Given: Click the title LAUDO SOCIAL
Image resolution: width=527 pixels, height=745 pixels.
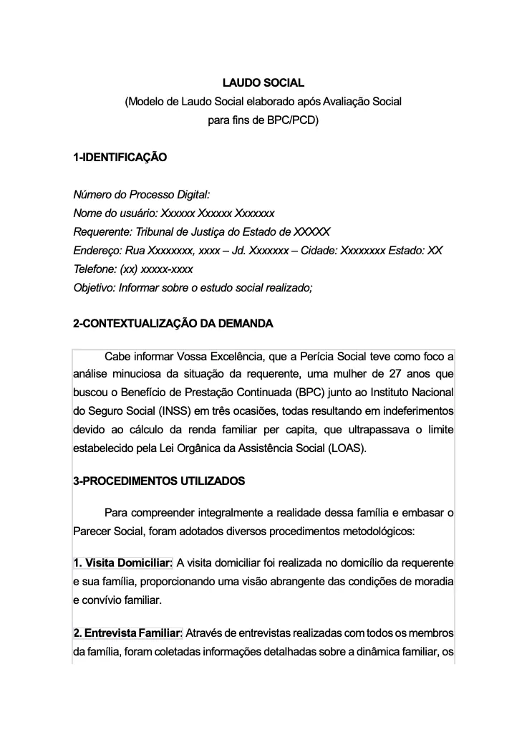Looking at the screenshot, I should click(x=263, y=84).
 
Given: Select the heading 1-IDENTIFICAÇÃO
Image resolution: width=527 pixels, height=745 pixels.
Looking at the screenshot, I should click(x=120, y=158).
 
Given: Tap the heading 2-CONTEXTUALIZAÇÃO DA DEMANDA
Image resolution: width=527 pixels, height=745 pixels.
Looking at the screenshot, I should click(x=173, y=324).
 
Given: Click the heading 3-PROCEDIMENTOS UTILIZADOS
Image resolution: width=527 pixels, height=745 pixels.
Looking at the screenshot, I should click(x=159, y=481).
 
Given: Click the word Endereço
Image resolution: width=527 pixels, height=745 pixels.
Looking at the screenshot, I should click(x=97, y=251).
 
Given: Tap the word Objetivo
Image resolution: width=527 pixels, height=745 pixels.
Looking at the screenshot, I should click(x=95, y=288).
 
